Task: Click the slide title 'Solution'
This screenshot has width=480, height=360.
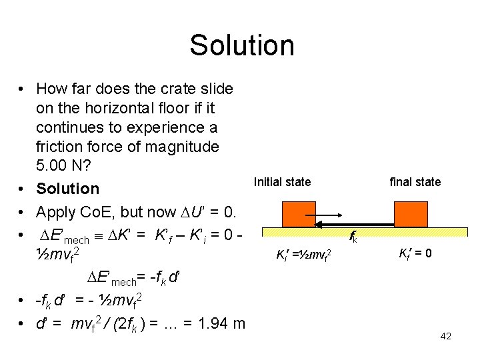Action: pos(241,45)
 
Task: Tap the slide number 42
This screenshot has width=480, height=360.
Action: pos(446,336)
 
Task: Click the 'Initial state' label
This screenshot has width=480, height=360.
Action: pos(282,181)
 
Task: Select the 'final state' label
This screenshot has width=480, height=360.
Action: pos(415,181)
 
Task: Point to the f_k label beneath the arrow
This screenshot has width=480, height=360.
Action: pos(353,237)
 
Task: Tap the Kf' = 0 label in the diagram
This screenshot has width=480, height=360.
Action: pos(415,253)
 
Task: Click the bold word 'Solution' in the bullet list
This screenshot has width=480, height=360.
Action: pos(67,189)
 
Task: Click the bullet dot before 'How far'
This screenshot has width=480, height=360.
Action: pos(22,89)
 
